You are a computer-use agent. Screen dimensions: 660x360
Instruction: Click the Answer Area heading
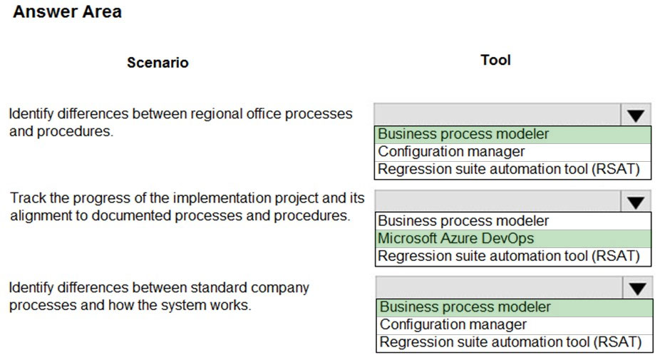click(67, 12)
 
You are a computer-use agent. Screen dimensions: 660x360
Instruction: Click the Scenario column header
click(158, 62)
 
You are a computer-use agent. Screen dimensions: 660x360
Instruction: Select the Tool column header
click(496, 60)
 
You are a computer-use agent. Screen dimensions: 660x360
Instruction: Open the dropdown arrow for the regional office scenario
click(636, 115)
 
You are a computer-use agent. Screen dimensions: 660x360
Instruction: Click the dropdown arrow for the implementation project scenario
click(636, 202)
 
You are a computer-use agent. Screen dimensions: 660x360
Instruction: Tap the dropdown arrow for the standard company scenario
click(638, 288)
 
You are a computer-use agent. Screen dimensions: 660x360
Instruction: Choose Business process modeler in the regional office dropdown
click(463, 134)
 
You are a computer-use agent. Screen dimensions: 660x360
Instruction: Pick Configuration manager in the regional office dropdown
click(451, 151)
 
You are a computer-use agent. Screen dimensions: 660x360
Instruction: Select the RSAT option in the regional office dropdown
click(508, 169)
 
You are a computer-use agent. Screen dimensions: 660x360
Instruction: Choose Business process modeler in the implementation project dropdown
click(463, 220)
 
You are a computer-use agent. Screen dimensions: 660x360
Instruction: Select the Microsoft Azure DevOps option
click(456, 238)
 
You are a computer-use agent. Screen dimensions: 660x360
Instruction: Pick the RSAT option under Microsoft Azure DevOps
click(508, 256)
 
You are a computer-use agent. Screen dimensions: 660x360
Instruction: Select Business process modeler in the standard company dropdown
click(465, 307)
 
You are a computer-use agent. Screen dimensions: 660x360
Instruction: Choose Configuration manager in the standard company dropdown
click(453, 324)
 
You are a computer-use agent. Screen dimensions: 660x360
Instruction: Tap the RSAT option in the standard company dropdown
click(510, 342)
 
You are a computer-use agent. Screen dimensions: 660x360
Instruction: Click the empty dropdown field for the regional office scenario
click(497, 115)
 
